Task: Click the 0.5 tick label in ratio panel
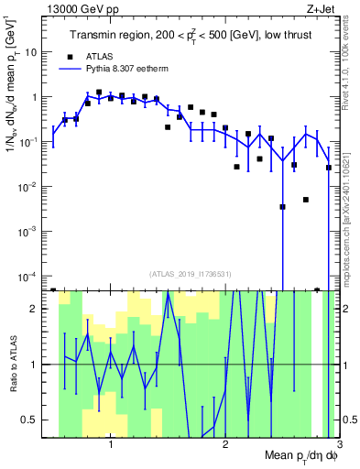(34, 420)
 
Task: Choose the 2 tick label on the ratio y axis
(38, 309)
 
